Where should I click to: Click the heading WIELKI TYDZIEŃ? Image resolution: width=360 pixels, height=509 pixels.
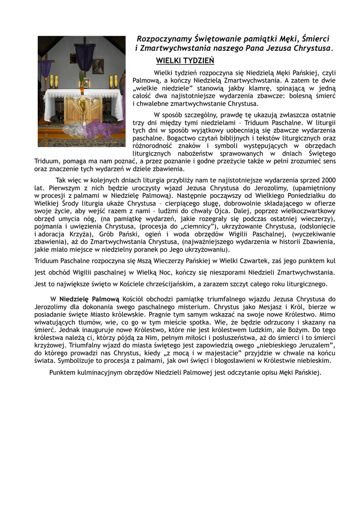click(x=185, y=61)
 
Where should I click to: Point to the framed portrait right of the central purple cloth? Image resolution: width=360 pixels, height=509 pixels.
click(x=98, y=66)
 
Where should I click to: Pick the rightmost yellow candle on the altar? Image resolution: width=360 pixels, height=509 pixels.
click(x=116, y=82)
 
